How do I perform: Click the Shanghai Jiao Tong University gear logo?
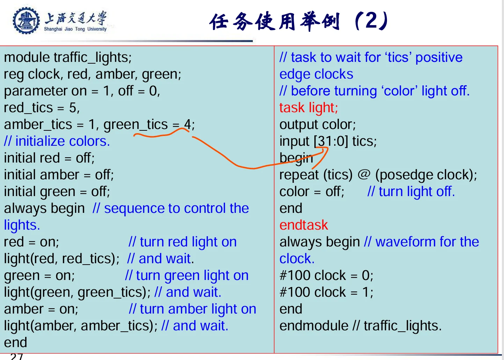click(26, 21)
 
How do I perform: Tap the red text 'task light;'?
click(308, 108)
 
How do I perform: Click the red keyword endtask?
click(304, 225)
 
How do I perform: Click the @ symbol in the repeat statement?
click(364, 174)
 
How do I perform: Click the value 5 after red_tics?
click(73, 108)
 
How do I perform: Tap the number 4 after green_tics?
click(188, 124)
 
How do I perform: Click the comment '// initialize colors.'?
click(57, 142)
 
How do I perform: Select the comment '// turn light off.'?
click(411, 192)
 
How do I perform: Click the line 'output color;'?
click(317, 125)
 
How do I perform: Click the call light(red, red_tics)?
click(62, 259)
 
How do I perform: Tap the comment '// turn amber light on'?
click(192, 309)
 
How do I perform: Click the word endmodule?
click(314, 325)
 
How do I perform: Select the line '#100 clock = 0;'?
click(326, 275)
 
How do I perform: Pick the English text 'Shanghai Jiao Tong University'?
click(75, 29)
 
